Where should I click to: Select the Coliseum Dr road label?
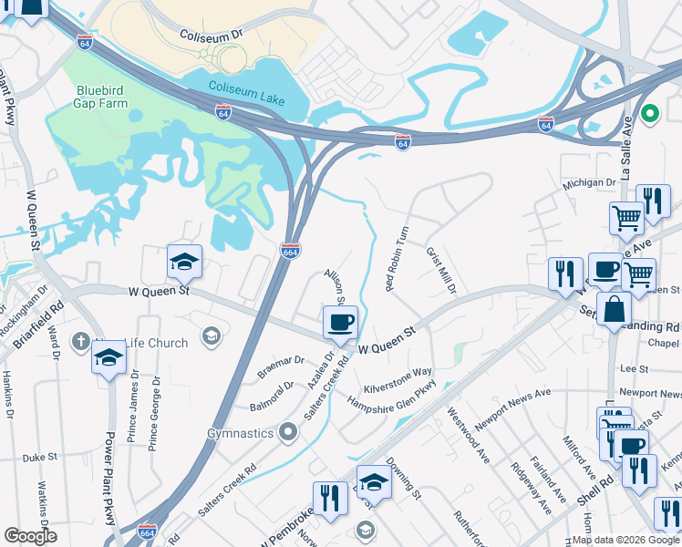click(x=213, y=34)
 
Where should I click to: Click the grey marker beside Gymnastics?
click(x=289, y=431)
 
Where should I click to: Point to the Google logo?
click(x=30, y=536)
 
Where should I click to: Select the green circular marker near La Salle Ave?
click(x=649, y=114)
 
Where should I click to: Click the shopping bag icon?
click(x=615, y=310)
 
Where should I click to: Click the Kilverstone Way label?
click(x=398, y=372)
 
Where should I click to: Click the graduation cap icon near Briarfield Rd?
click(x=108, y=358)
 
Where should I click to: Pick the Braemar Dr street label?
click(x=280, y=366)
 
